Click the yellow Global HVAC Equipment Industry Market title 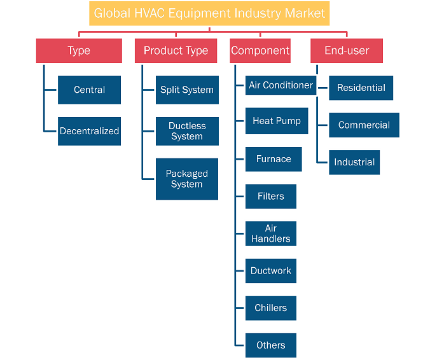tap(209, 13)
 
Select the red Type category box tap(79, 51)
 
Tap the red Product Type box tap(176, 51)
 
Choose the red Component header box tap(260, 51)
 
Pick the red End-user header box tap(347, 51)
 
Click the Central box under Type tap(90, 90)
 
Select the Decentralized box tap(90, 131)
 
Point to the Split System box tap(187, 90)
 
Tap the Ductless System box tap(187, 131)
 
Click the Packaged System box tap(187, 179)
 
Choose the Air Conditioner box tap(281, 85)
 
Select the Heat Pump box tap(277, 121)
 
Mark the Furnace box tap(274, 159)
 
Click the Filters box tap(271, 197)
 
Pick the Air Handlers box tap(271, 234)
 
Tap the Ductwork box tap(271, 271)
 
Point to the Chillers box tap(271, 308)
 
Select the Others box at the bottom tap(271, 345)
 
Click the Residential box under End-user tap(361, 88)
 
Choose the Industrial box tap(354, 162)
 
